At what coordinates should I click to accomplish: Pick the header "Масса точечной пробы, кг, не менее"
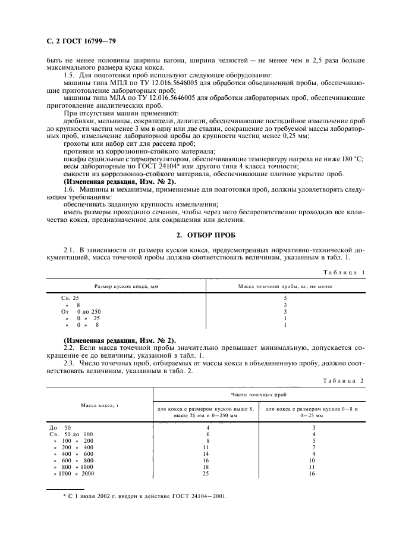[x=285, y=286]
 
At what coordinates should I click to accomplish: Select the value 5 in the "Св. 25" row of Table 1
[x=285, y=297]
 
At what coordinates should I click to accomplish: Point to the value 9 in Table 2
[x=313, y=453]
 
